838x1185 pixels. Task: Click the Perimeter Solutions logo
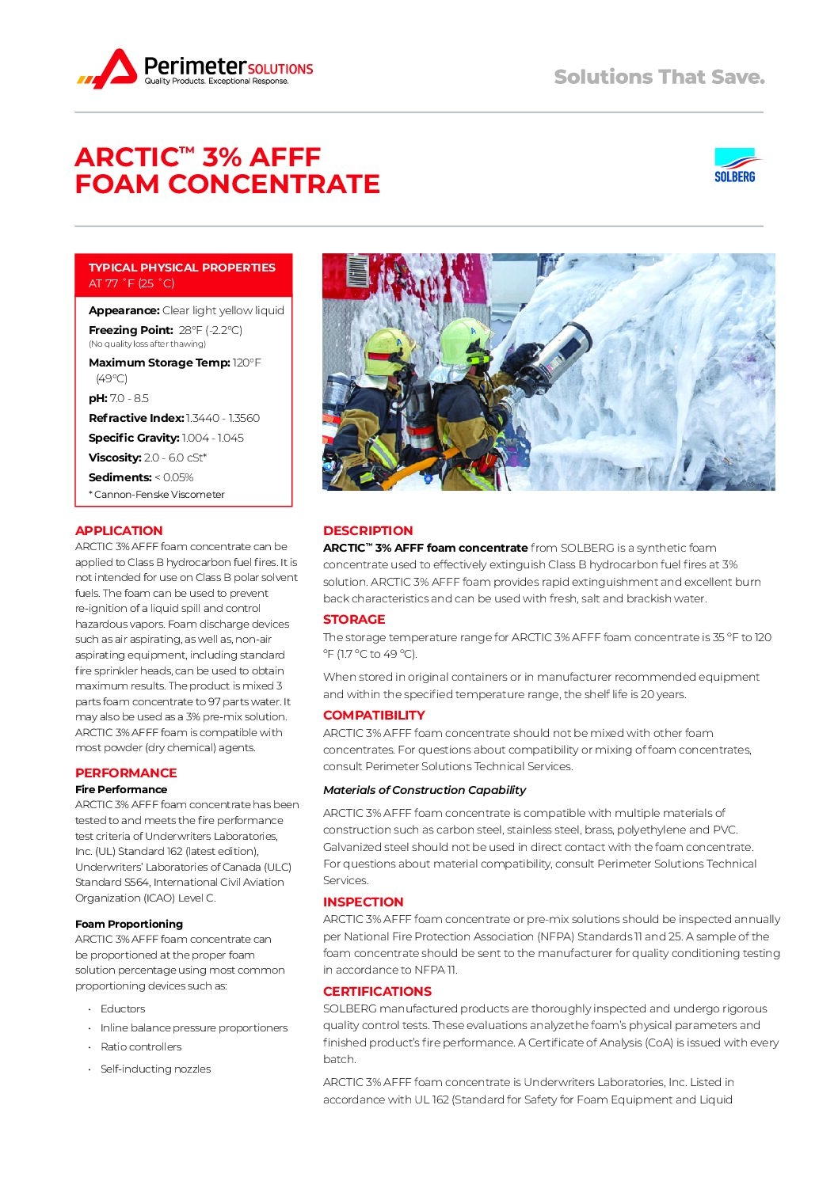click(195, 69)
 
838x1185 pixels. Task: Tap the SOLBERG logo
click(735, 165)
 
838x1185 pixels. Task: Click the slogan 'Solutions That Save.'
click(659, 77)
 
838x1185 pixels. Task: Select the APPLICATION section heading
click(119, 530)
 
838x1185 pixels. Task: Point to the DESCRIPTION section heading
click(368, 530)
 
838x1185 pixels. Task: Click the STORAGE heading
click(354, 619)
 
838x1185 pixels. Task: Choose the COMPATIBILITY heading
click(374, 715)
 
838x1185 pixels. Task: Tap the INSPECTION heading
click(363, 902)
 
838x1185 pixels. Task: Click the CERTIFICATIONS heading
click(377, 991)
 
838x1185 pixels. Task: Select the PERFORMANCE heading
click(126, 773)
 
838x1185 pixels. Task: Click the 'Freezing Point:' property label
click(131, 330)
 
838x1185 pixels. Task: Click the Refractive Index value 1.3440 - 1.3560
click(223, 418)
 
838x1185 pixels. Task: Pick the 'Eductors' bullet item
click(123, 1008)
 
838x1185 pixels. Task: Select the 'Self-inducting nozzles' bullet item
click(155, 1069)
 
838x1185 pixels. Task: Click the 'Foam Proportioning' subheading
click(129, 924)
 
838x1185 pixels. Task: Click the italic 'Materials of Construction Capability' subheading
click(425, 790)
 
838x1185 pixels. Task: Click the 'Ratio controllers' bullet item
click(141, 1046)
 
